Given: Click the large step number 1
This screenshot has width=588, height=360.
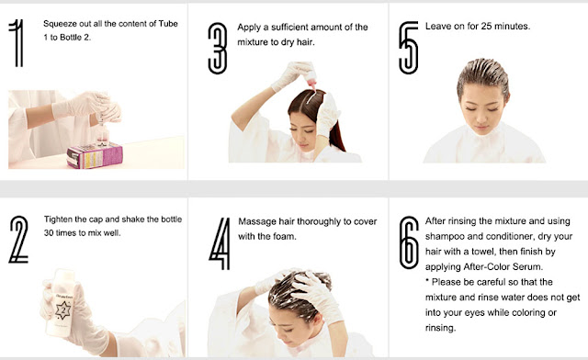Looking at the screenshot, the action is pyautogui.click(x=17, y=43).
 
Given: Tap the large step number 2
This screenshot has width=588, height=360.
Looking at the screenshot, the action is pyautogui.click(x=18, y=240).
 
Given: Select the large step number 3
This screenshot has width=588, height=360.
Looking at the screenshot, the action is pyautogui.click(x=218, y=48).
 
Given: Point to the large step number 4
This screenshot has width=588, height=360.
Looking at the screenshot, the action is pyautogui.click(x=220, y=243).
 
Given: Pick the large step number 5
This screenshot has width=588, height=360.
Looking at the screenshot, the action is pyautogui.click(x=408, y=48).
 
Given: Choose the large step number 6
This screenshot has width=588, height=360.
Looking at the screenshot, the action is pyautogui.click(x=409, y=242).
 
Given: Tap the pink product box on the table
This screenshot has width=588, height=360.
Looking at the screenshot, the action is pyautogui.click(x=95, y=155).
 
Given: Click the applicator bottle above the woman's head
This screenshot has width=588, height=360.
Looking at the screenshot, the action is pyautogui.click(x=311, y=77).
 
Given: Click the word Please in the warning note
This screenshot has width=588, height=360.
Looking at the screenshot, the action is pyautogui.click(x=447, y=282).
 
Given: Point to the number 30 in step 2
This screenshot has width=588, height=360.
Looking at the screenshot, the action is pyautogui.click(x=49, y=233).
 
